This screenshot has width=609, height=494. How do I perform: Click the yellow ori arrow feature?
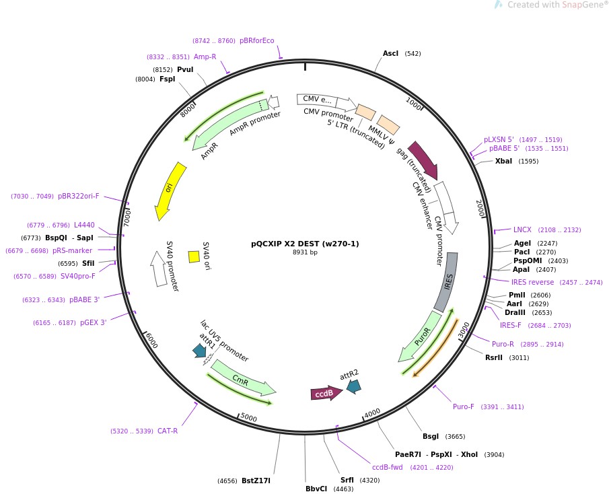(167, 190)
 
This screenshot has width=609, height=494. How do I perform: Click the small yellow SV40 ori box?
(194, 256)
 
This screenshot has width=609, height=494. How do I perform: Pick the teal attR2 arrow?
(353, 386)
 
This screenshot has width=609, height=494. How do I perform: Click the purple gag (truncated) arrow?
(423, 160)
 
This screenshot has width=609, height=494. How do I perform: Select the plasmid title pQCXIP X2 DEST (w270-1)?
(305, 244)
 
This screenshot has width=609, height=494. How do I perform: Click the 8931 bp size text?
(305, 252)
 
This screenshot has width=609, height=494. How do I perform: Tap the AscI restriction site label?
(390, 53)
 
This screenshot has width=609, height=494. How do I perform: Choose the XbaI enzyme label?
(503, 161)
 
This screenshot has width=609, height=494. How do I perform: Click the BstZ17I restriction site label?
(256, 481)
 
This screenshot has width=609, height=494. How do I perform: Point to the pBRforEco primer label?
(257, 40)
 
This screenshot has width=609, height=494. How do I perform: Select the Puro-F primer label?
(463, 407)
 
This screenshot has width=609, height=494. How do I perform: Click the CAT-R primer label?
(168, 431)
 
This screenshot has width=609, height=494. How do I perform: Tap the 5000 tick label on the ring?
(249, 418)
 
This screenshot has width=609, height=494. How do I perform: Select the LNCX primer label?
(522, 230)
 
